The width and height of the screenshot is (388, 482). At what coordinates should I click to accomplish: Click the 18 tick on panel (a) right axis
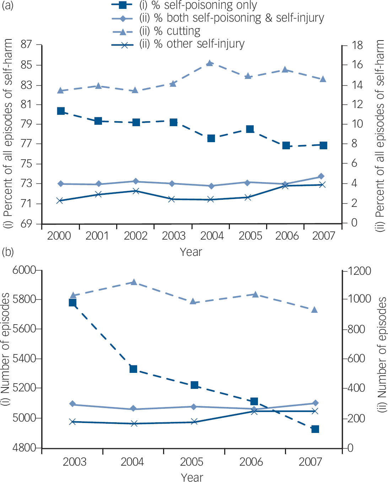357,45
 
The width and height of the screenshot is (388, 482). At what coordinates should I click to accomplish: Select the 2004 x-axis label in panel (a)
212,236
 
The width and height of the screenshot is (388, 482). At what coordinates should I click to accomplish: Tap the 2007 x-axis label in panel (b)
310,462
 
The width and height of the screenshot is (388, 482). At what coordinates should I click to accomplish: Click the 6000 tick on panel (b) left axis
24,270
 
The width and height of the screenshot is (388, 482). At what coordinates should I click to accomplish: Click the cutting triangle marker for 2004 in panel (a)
210,63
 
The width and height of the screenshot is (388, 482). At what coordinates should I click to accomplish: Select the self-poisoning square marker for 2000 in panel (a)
61,111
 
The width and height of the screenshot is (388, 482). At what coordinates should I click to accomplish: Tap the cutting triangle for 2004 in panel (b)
134,282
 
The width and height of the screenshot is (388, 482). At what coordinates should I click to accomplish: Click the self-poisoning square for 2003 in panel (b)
72,302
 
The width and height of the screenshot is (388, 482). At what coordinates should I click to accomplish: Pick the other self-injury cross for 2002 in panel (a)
135,191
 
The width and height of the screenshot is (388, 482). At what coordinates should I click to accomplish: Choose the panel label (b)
8,252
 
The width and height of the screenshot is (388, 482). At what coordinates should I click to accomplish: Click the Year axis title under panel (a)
191,252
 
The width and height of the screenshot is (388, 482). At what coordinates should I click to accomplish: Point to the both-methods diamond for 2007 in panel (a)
321,176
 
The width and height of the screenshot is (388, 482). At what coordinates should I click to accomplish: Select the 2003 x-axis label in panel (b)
74,462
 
